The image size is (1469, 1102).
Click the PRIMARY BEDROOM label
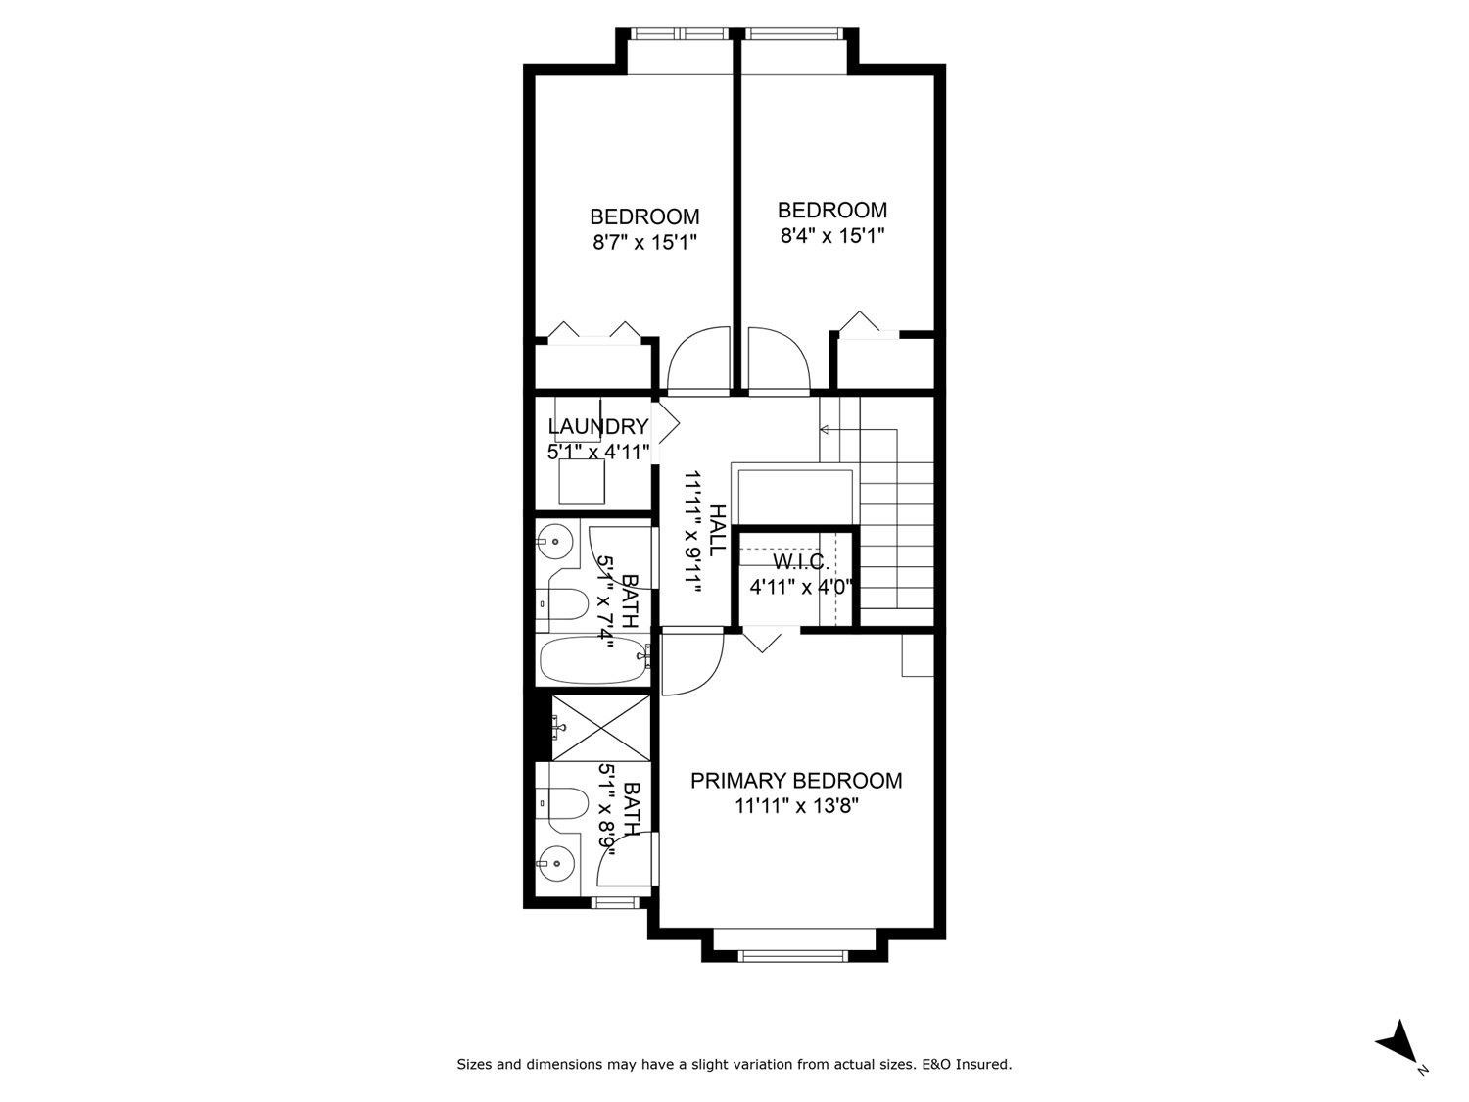[x=796, y=781]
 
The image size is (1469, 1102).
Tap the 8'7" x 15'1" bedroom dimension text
[x=644, y=242]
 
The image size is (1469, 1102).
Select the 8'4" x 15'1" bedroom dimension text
[x=832, y=235]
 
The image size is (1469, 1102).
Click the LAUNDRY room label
[x=597, y=427]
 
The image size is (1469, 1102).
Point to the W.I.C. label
[x=801, y=562]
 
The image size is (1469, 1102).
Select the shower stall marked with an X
[x=600, y=728]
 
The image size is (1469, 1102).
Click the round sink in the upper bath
[x=555, y=539]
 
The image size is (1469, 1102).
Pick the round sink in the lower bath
[x=556, y=864]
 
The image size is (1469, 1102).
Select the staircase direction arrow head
[x=824, y=429]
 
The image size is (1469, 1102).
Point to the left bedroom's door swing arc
[x=699, y=358]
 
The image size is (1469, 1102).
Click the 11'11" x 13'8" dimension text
[x=796, y=806]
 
